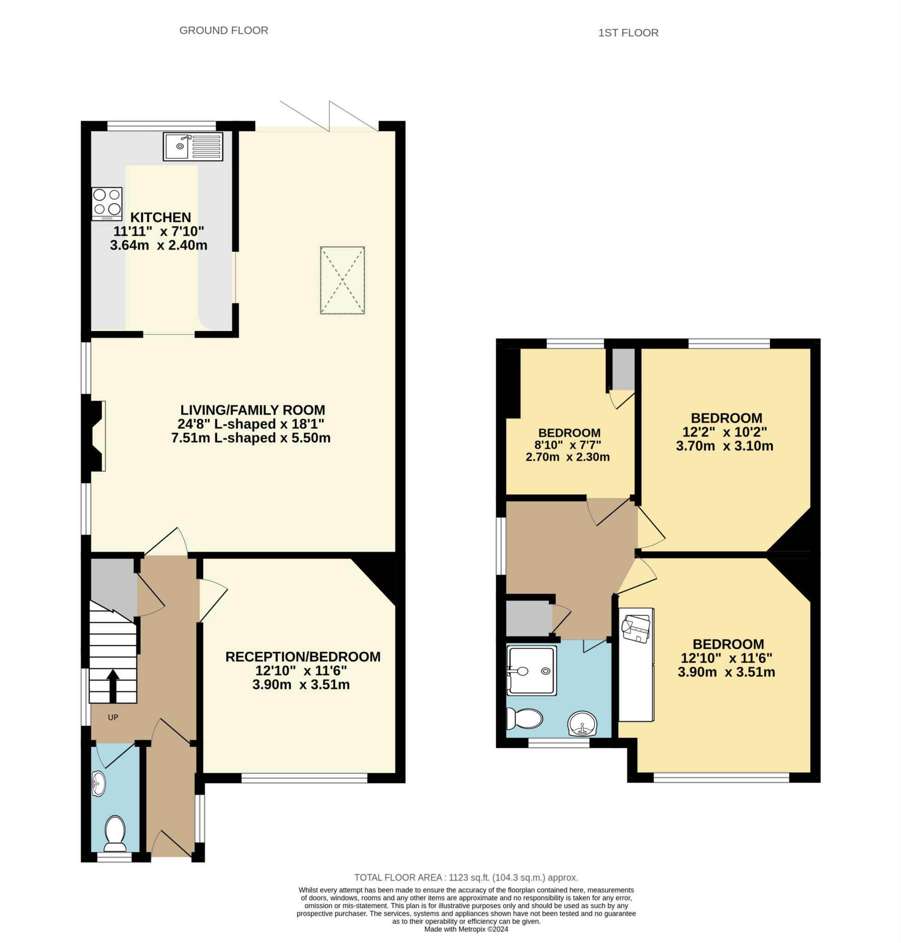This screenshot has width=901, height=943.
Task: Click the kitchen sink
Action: coord(192,146)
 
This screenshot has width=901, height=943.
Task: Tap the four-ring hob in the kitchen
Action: coord(107,204)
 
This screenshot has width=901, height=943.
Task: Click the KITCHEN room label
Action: coord(160,217)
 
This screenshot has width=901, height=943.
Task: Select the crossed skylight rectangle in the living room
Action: coord(343,280)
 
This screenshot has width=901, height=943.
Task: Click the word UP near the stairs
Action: coord(113,717)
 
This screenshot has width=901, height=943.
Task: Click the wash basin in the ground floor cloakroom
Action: coord(99,784)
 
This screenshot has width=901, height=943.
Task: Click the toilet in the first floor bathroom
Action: coord(525,719)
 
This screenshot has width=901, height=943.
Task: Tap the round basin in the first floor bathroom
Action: coord(582,723)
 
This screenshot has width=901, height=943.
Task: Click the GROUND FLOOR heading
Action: coord(224,30)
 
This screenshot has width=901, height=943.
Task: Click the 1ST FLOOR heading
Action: coord(628,33)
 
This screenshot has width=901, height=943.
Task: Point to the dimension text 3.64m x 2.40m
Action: coord(158,245)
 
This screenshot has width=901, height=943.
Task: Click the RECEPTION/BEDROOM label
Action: coord(302,657)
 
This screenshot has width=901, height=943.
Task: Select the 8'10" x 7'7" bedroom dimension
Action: coord(568,445)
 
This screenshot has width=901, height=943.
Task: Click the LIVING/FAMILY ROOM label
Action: coord(253,410)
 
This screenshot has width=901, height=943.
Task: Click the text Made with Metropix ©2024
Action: coord(466,929)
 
